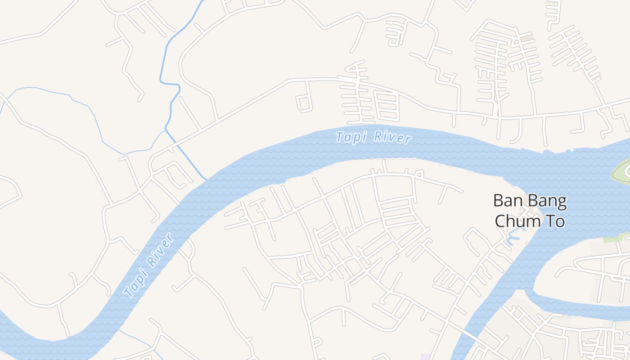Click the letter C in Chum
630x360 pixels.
coord(501,221)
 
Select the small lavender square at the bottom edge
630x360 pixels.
coord(426,357)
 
